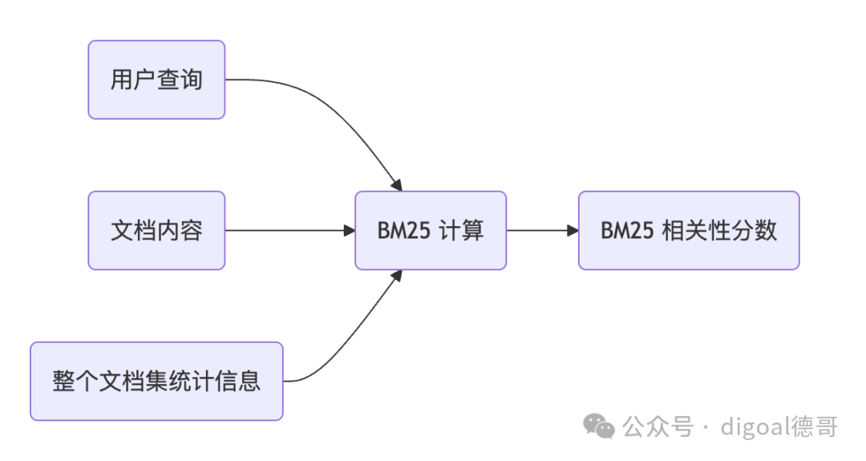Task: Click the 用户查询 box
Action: [156, 80]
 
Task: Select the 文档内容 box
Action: [156, 231]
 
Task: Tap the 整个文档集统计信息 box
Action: [156, 381]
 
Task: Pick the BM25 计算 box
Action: [431, 231]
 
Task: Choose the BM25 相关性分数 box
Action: [689, 231]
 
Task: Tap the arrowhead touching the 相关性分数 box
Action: [573, 231]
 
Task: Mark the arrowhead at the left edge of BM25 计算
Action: [349, 231]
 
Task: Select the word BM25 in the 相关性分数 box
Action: [628, 231]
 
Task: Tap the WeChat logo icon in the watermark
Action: [599, 426]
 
